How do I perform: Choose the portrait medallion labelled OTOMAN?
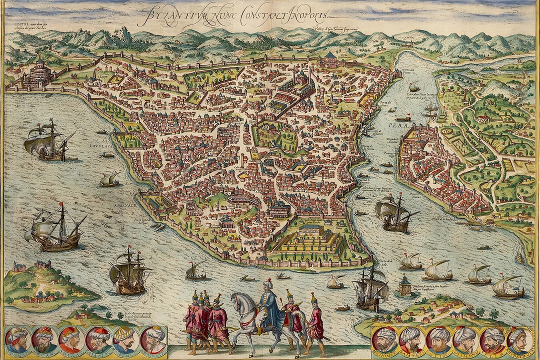(16, 340)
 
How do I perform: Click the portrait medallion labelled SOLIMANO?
(465, 340)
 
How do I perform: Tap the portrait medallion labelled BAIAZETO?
(412, 340)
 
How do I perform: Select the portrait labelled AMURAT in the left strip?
(71, 340)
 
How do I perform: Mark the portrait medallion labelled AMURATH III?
(519, 340)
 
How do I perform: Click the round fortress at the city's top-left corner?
(40, 72)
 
